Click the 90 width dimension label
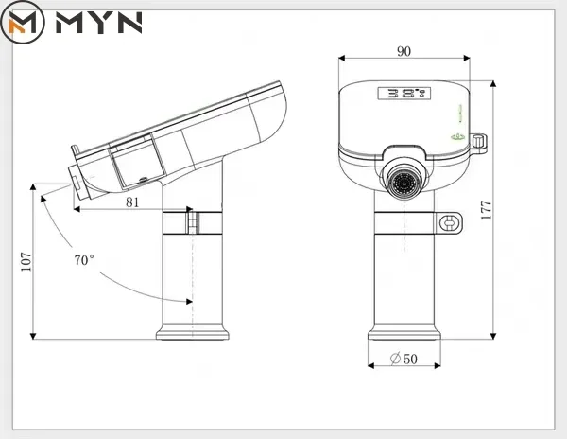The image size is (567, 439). pyautogui.click(x=404, y=51)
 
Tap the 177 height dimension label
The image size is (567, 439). pyautogui.click(x=487, y=210)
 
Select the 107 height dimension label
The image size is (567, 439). pyautogui.click(x=26, y=262)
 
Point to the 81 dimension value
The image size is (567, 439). pyautogui.click(x=132, y=202)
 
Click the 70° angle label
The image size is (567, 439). pyautogui.click(x=84, y=260)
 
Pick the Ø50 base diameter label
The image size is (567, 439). pyautogui.click(x=404, y=359)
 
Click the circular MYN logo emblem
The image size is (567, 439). pyautogui.click(x=23, y=23)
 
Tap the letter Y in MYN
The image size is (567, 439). pyautogui.click(x=98, y=23)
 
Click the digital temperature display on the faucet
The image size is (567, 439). pyautogui.click(x=404, y=94)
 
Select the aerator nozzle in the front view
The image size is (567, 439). pyautogui.click(x=404, y=180)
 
